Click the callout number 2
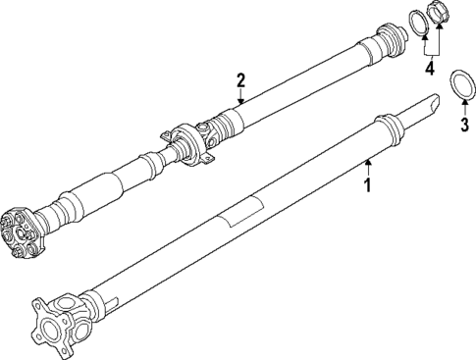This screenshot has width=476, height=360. click(x=239, y=79)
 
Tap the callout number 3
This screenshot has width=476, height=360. click(x=464, y=125)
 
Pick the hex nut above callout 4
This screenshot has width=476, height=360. click(x=439, y=20)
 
